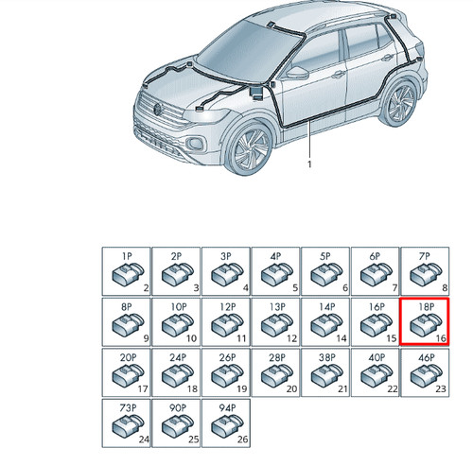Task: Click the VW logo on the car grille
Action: click(157, 110)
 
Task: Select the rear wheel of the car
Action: click(398, 103)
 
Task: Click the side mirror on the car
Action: click(297, 73)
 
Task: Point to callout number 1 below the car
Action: click(309, 164)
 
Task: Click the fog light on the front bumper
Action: click(196, 144)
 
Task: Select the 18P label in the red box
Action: click(427, 306)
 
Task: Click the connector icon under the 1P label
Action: click(128, 274)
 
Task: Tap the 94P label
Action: click(227, 408)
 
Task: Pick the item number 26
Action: click(242, 439)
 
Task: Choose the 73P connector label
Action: click(128, 408)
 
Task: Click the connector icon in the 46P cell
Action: click(426, 375)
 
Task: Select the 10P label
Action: click(179, 306)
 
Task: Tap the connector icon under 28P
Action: click(277, 375)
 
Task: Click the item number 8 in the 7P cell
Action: click(445, 287)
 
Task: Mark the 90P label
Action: click(178, 408)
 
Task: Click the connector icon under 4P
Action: click(277, 274)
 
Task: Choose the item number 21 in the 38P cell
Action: click(342, 388)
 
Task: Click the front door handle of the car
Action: click(338, 75)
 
